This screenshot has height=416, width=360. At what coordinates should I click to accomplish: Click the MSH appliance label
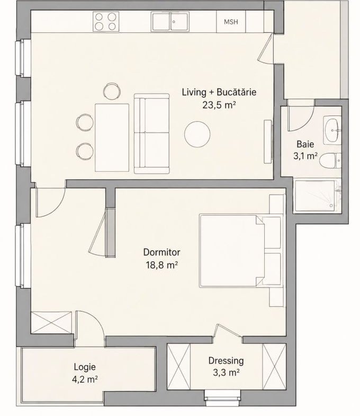(x=231, y=22)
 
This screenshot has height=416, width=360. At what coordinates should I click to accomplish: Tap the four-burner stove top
(x=106, y=22)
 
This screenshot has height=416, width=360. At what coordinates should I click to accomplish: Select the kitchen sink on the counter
(x=170, y=22)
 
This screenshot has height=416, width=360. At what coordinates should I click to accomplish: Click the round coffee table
(x=197, y=134)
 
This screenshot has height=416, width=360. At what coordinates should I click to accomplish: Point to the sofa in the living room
(x=151, y=134)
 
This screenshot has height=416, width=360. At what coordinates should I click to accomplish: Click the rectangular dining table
(x=112, y=137)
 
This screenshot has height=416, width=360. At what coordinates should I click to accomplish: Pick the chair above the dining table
(x=112, y=91)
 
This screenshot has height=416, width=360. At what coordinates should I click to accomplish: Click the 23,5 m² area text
(x=219, y=105)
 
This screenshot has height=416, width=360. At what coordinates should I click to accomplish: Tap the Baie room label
(x=305, y=144)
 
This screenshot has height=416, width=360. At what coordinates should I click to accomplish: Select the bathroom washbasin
(x=332, y=130)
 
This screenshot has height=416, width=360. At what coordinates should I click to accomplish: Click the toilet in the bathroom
(x=330, y=161)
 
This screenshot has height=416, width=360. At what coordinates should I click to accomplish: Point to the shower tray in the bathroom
(x=317, y=196)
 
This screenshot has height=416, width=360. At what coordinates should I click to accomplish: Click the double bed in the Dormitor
(x=240, y=251)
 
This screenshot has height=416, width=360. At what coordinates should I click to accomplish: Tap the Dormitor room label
(x=161, y=252)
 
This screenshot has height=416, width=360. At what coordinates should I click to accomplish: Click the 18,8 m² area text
(x=161, y=265)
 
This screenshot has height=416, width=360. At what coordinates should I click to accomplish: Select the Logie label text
(x=85, y=367)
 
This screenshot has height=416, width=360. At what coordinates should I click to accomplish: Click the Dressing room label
(x=226, y=361)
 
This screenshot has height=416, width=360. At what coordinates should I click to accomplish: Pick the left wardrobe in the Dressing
(x=178, y=367)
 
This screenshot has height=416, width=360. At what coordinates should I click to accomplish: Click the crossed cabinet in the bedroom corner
(x=51, y=322)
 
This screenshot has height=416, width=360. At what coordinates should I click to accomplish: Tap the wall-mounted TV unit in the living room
(x=268, y=141)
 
